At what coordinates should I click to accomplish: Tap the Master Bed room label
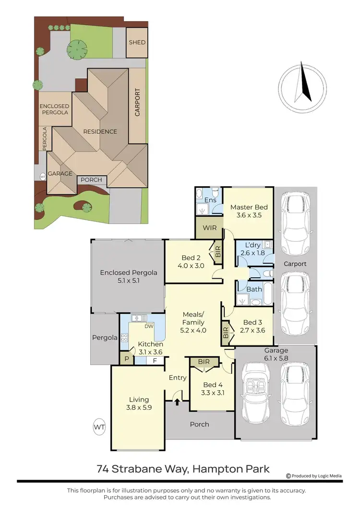[x=249, y=207]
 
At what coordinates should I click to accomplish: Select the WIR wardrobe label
[x=209, y=227]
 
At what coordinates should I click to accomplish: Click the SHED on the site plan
[x=137, y=42]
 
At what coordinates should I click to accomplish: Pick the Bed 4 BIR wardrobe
[x=204, y=362]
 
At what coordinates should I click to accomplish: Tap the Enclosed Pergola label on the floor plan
[x=128, y=272]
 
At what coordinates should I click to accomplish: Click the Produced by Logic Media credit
[x=314, y=476]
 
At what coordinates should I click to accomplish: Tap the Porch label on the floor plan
[x=199, y=424]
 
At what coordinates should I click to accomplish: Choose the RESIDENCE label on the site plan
[x=100, y=131]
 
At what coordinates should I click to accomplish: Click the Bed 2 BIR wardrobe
[x=218, y=252]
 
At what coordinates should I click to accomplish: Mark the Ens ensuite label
[x=210, y=200]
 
